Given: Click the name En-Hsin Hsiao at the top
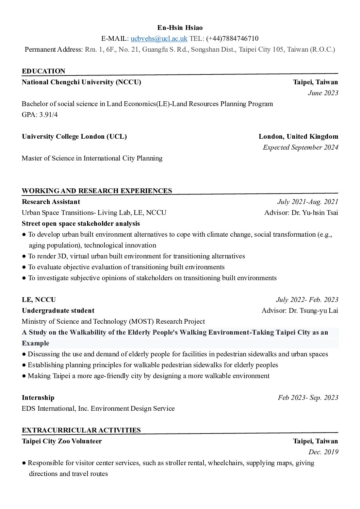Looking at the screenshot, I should (180, 28).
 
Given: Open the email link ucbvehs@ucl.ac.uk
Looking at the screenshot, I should (159, 38).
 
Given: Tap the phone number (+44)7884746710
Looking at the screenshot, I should (232, 38).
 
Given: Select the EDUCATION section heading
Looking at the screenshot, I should (44, 71).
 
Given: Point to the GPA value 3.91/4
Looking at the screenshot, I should (48, 115).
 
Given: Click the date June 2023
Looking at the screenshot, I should (323, 93).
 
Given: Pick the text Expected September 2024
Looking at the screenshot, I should (300, 147).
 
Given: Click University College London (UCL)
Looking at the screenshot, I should (74, 136).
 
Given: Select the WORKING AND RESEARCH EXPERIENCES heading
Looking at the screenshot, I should (97, 191).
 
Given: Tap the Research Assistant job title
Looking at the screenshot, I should (51, 202).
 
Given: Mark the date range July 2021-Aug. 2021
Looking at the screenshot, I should (308, 202).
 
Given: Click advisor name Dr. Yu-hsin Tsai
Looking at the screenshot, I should (315, 213).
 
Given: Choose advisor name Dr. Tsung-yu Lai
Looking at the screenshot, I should (313, 310).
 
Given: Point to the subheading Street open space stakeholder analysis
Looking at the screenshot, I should (81, 223).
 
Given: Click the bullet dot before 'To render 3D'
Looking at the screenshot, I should (24, 256).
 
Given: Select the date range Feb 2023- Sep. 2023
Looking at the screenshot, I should (308, 397).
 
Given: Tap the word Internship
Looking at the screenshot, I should (38, 397).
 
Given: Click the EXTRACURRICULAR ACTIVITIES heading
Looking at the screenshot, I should (81, 430).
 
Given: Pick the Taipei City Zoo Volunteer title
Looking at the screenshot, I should (62, 441).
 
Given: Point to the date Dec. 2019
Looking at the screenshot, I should (323, 452).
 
